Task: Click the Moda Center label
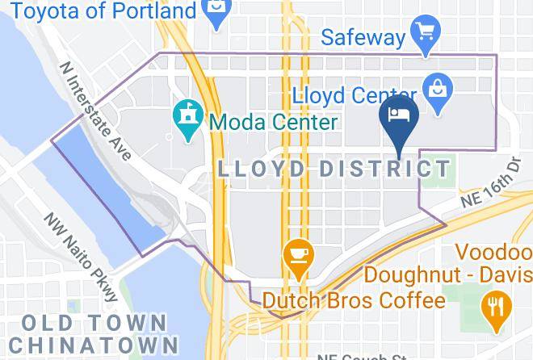273,123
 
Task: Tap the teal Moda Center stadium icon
188,122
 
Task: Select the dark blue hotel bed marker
399,118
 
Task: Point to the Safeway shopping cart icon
424,35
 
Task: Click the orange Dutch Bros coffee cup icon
298,254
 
